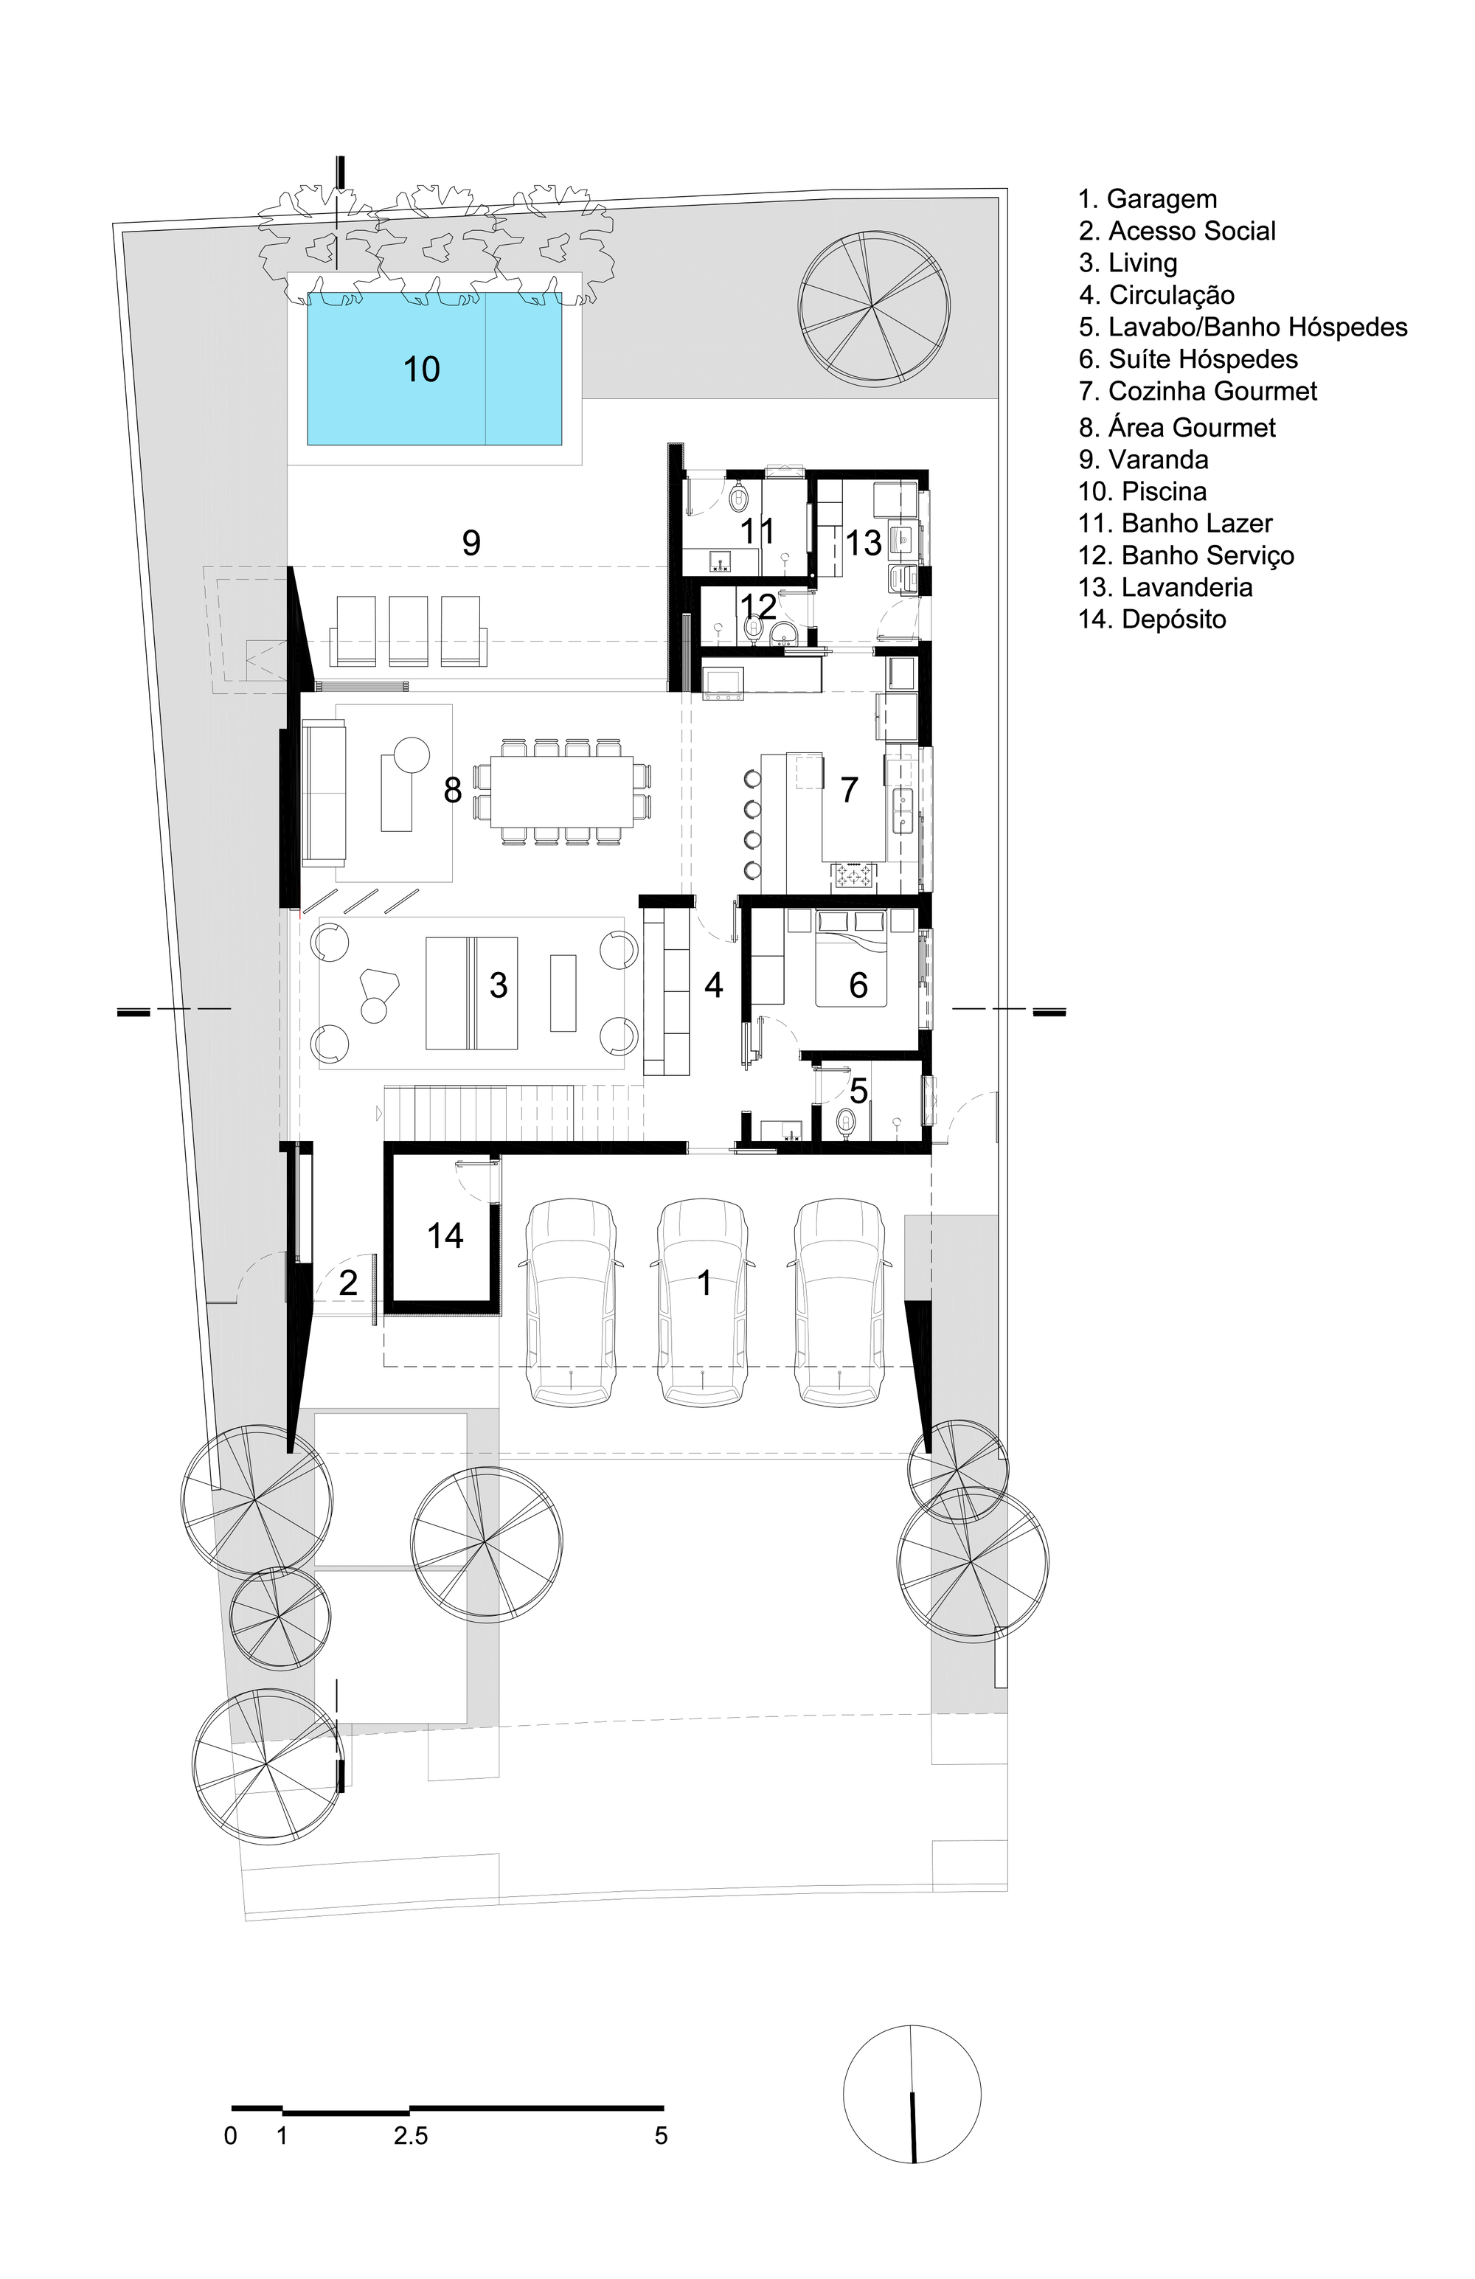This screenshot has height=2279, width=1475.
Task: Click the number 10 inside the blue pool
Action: pyautogui.click(x=420, y=370)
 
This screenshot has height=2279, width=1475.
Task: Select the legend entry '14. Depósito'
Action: pyautogui.click(x=1152, y=620)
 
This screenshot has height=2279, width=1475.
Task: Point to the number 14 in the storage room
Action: pyautogui.click(x=445, y=1236)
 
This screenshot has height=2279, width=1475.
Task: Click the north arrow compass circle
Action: pyautogui.click(x=912, y=2094)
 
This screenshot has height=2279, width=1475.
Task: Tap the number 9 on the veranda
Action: pyautogui.click(x=471, y=544)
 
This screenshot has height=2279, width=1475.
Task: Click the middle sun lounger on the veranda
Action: pyautogui.click(x=408, y=631)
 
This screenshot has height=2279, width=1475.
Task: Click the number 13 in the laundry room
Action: pyautogui.click(x=862, y=543)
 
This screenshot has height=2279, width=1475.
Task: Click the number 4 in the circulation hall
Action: pyautogui.click(x=714, y=985)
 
